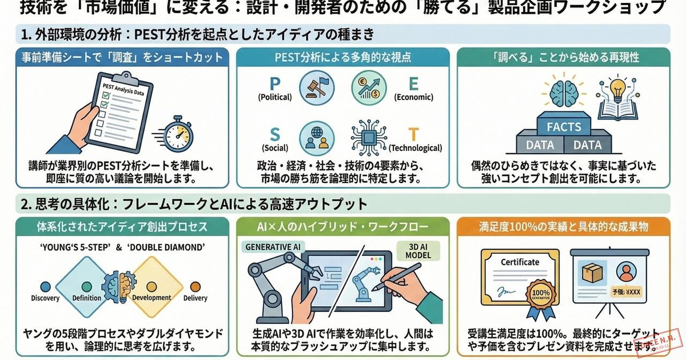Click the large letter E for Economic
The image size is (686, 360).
point(413,84)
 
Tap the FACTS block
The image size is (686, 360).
point(564,126)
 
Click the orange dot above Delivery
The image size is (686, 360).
point(194,286)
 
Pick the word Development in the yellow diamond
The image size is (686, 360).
point(151,298)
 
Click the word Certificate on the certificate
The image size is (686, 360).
point(520,262)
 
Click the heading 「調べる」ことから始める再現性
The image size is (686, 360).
point(566,57)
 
